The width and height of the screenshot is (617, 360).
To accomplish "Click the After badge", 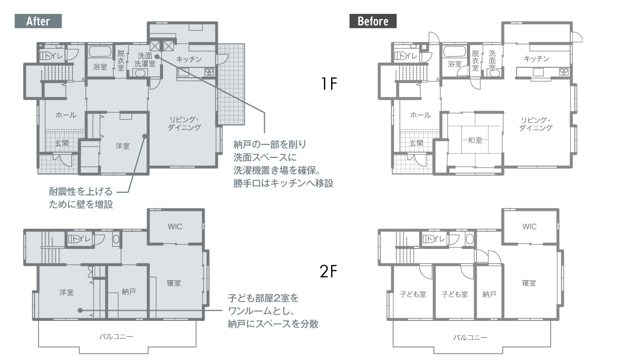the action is click(38, 21).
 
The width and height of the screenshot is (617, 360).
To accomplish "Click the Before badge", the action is click(373, 21).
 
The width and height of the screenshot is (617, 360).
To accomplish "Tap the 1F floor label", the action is click(329, 84).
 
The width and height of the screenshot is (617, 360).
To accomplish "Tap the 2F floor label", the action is click(329, 272).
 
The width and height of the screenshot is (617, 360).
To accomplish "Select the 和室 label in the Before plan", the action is click(475, 140).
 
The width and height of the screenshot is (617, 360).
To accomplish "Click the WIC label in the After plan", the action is click(175, 227).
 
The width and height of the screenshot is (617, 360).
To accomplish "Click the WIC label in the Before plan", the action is click(530, 227).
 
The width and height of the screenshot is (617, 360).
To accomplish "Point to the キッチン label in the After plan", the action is click(189, 59).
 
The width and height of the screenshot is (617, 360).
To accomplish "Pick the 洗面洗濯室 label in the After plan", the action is click(145, 60).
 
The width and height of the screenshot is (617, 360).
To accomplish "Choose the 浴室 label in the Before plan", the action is click(455, 64).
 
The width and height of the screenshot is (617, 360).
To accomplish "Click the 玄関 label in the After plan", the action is click(62, 143).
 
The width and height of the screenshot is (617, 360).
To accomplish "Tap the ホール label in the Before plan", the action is click(421, 115).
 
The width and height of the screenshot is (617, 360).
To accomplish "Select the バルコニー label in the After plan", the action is click(116, 336).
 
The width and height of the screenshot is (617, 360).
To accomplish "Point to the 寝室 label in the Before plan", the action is click(529, 283).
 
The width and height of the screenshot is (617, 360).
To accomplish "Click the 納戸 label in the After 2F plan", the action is click(129, 292).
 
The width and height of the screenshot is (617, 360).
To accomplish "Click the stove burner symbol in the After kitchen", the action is click(209, 72).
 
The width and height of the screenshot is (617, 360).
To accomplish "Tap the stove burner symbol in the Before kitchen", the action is click(564, 71).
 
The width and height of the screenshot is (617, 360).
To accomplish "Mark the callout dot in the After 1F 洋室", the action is click(144, 136).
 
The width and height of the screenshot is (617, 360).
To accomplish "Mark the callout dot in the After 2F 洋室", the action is click(80, 311).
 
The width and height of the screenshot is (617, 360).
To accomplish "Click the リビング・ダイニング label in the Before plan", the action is click(536, 124).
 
